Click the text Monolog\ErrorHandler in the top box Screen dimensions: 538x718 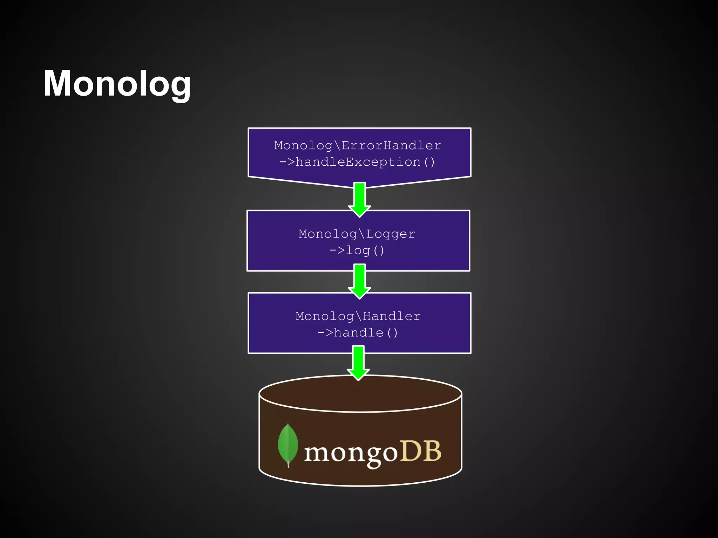pos(357,145)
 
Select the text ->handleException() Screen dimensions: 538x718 pos(357,162)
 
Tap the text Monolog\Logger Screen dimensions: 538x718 pos(357,234)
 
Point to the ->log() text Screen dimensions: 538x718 pos(357,250)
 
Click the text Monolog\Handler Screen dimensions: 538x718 pos(358,316)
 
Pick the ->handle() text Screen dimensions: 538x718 pos(358,333)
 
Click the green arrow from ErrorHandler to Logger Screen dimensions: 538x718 pos(359,200)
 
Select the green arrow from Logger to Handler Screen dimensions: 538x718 pos(359,281)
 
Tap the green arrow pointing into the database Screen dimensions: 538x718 pos(358,363)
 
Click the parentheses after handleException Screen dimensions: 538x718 pos(429,162)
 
